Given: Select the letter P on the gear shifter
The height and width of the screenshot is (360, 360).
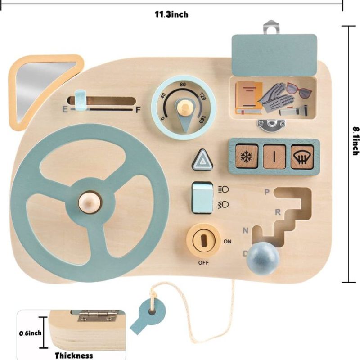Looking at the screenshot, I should click(x=267, y=192).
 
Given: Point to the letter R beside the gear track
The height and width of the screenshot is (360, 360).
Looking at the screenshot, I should click(x=278, y=211).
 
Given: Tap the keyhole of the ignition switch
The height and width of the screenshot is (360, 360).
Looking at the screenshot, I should click(x=203, y=239).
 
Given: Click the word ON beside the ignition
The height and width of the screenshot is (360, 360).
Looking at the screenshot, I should click(x=228, y=242).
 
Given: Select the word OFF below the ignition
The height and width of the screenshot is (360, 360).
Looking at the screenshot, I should click(x=204, y=262).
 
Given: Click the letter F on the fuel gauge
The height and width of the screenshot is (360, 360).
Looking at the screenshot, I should click(x=138, y=109).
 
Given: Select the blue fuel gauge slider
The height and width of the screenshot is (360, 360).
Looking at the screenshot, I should click(x=80, y=100).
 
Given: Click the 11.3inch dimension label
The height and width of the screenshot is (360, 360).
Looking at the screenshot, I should click(x=171, y=14).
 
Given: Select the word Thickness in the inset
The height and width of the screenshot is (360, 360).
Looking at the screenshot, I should click(x=74, y=355).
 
